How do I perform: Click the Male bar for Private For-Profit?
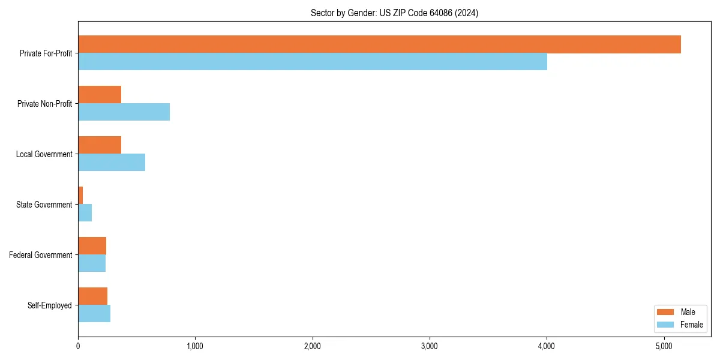click(379, 44)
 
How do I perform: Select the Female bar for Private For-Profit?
click(312, 62)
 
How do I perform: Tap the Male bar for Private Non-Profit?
click(100, 95)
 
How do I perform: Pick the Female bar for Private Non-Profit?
click(124, 112)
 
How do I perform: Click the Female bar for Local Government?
click(112, 163)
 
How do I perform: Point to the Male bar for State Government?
click(80, 196)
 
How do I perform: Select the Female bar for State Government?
click(85, 213)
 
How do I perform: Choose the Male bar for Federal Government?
click(92, 246)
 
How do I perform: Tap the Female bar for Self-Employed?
click(94, 314)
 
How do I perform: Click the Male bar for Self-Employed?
click(92, 296)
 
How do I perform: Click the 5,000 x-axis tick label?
click(664, 346)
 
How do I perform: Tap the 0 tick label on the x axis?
click(78, 346)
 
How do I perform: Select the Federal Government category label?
click(41, 255)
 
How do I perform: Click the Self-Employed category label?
click(50, 305)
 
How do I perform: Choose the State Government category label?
click(44, 205)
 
